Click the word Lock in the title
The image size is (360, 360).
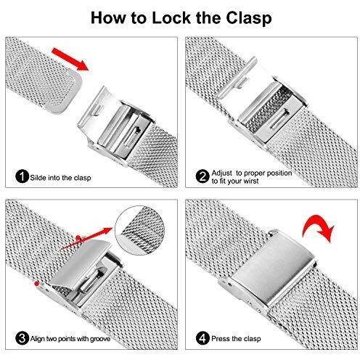(x=171, y=18)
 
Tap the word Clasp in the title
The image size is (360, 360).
(x=249, y=19)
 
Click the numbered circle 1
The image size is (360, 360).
(x=22, y=176)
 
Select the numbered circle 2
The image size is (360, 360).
(x=202, y=176)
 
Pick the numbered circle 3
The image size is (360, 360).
(x=22, y=338)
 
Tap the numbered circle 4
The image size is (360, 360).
(x=202, y=338)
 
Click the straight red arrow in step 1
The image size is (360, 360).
(x=70, y=60)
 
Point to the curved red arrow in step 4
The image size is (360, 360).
(x=319, y=226)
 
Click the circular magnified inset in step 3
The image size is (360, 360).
(x=140, y=230)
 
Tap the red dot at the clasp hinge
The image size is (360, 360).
(x=36, y=283)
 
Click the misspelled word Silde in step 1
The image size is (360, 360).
(x=38, y=178)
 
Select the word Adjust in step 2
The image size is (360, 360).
(x=222, y=173)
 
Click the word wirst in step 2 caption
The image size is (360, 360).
(x=251, y=181)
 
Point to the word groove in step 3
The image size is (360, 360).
(x=100, y=339)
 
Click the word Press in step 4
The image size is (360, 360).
(x=219, y=338)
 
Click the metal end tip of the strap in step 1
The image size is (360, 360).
(x=63, y=91)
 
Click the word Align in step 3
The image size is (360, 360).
(x=38, y=339)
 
